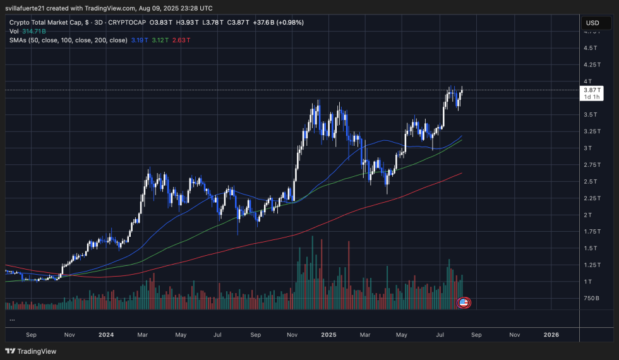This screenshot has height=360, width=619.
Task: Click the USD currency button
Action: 592,23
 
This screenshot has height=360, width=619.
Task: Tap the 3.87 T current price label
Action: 592,90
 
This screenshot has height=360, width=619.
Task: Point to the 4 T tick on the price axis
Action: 587,81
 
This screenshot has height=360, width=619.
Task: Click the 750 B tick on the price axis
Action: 591,298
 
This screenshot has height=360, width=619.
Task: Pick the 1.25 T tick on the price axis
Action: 591,265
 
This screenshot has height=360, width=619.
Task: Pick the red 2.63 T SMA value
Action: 182,40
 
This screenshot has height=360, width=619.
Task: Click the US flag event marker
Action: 464,303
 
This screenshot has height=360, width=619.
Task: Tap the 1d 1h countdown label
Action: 592,97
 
